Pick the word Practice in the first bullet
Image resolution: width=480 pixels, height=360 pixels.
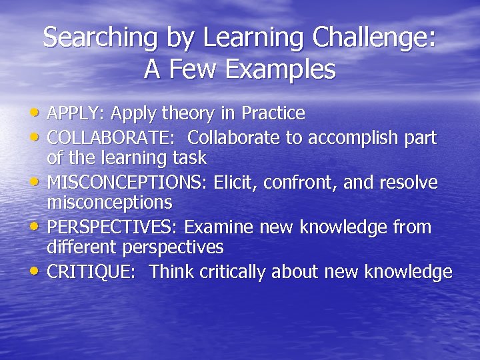(x=273, y=114)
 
